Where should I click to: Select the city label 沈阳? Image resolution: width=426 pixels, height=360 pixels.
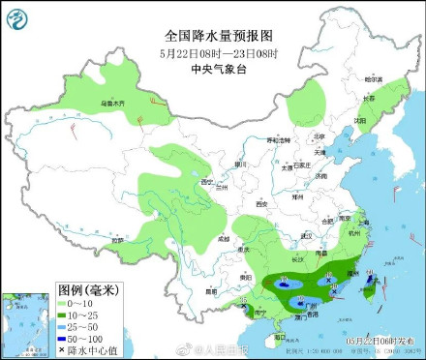[x=360, y=120]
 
